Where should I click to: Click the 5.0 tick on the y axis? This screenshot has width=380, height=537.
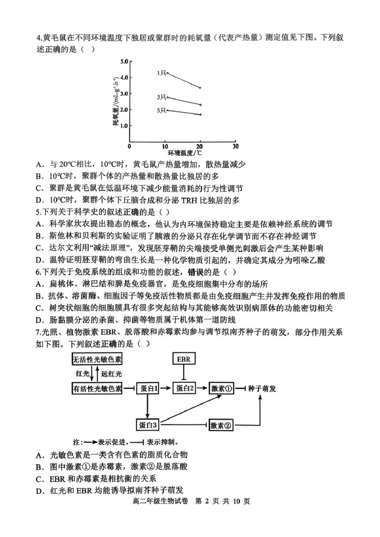pos(124,61)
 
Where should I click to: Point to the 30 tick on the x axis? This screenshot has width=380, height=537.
pos(236,146)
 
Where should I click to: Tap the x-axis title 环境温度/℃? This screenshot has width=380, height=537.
pos(184,153)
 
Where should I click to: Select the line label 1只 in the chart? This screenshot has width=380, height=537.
pos(161,73)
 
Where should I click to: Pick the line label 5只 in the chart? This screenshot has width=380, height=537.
pos(161,111)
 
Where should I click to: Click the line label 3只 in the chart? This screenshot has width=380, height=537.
pos(161,97)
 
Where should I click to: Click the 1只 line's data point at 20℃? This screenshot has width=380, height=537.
pos(200,88)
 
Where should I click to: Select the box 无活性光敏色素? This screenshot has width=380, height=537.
pos(97,359)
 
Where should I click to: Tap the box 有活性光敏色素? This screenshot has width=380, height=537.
pos(97,388)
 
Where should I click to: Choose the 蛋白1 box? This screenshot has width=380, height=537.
pos(149,388)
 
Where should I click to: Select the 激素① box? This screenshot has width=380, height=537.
pos(222,388)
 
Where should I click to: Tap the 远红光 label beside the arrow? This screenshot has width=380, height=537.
pos(112,374)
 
